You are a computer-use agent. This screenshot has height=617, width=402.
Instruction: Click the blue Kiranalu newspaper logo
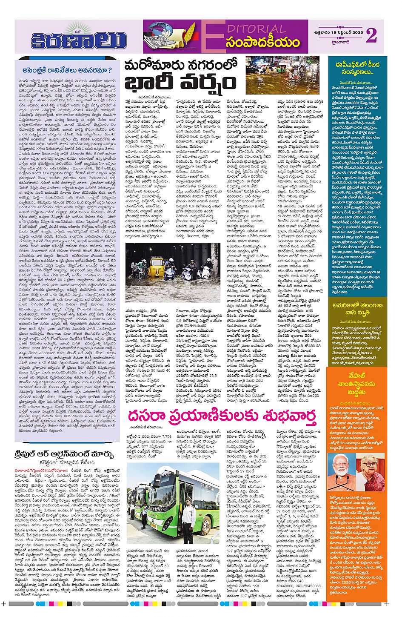click(79, 39)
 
